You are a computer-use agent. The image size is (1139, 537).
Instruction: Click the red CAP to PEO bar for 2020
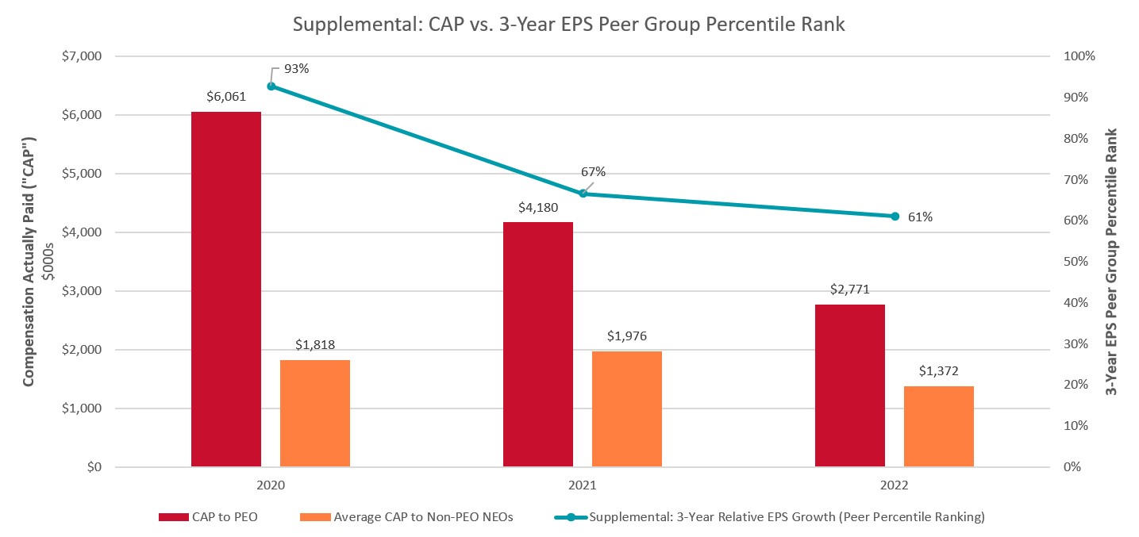[226, 289]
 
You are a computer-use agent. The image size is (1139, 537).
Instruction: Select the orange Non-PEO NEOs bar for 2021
[626, 409]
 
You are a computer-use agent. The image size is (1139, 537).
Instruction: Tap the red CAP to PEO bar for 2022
[849, 385]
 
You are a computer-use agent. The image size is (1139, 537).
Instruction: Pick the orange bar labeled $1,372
[938, 426]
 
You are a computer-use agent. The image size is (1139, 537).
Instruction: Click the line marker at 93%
[271, 86]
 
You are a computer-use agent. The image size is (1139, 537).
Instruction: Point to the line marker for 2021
[583, 193]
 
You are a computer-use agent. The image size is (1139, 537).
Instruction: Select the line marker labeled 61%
[895, 216]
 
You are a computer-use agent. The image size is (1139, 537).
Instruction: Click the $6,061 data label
[226, 98]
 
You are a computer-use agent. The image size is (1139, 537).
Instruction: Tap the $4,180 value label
[538, 208]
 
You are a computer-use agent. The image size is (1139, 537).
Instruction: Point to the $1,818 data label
[315, 345]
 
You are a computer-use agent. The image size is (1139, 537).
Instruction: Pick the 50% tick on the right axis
[1079, 262]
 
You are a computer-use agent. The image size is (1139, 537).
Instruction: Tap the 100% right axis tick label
[1079, 56]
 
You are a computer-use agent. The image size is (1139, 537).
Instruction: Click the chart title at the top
[569, 25]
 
